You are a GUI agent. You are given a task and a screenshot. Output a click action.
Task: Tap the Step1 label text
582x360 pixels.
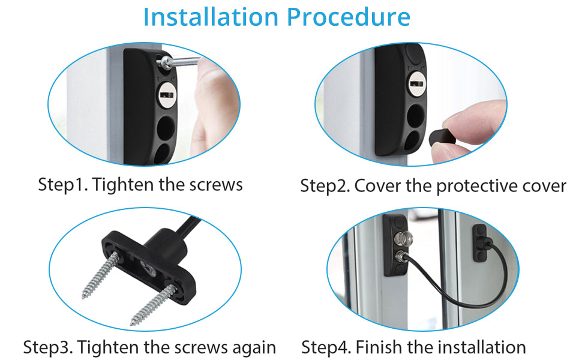tap(62, 184)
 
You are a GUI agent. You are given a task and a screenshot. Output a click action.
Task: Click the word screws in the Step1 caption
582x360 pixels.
tap(215, 184)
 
